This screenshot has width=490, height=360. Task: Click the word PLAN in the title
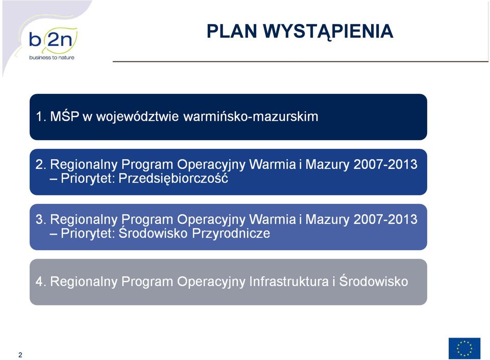tap(232, 31)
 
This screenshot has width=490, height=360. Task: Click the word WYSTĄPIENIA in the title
tap(328, 32)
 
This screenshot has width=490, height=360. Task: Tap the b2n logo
tap(51, 40)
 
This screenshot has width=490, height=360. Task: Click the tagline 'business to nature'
tap(52, 58)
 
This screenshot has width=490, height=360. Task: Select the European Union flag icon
tap(464, 348)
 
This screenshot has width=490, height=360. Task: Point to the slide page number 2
tap(20, 355)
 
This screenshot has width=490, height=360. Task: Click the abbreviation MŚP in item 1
tap(64, 116)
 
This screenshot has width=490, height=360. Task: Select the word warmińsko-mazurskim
tap(251, 117)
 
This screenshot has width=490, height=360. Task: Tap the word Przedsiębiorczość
tap(173, 178)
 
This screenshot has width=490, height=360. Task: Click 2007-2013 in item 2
tap(385, 164)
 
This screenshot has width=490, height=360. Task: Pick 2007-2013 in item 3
tap(385, 219)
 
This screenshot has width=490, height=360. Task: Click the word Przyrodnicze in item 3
tap(231, 234)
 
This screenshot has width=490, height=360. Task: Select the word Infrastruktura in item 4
tap(289, 281)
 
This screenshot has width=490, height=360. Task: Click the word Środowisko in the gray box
tap(374, 280)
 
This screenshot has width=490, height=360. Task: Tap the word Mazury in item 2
tap(327, 165)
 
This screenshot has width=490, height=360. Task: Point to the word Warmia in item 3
tap(272, 219)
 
